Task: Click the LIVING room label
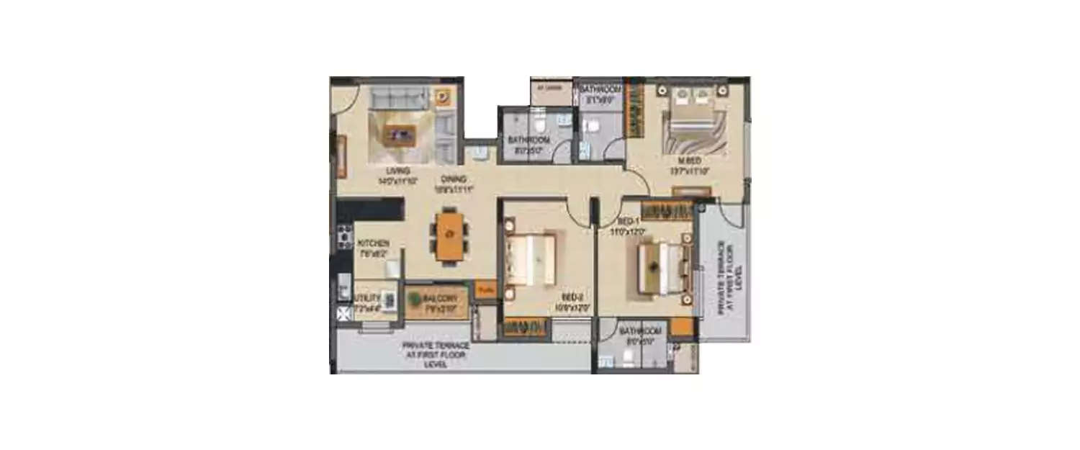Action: (x=397, y=171)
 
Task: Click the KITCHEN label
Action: (x=374, y=243)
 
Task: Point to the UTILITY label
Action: (x=367, y=297)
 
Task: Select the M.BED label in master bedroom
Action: (x=685, y=160)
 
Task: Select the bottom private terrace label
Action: (x=437, y=355)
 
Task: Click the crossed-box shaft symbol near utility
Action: (x=343, y=313)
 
